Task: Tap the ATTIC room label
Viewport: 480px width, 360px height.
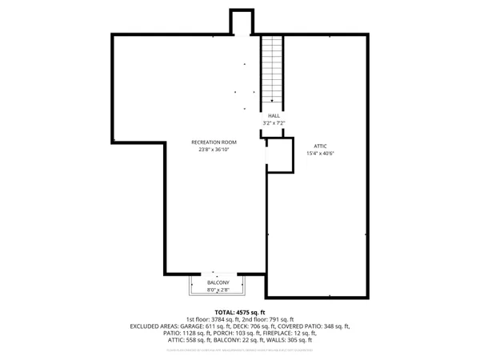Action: [319, 146]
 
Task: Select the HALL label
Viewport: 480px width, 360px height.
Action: [274, 115]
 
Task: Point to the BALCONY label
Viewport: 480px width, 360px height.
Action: [218, 283]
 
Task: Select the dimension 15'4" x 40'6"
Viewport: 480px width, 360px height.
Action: [319, 153]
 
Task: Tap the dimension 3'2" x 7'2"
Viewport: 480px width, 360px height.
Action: [274, 122]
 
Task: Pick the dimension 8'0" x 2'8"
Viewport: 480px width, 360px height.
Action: [218, 290]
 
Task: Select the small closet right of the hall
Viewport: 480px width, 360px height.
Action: [279, 155]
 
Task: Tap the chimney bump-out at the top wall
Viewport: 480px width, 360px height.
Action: [241, 22]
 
